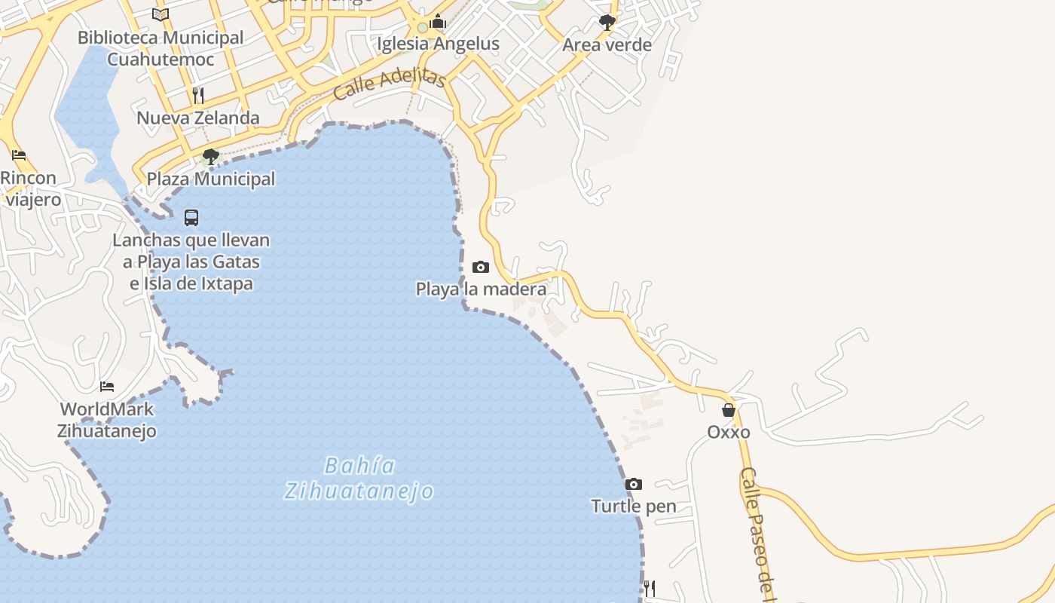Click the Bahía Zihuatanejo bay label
[x=359, y=479]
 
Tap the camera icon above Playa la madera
[x=480, y=267]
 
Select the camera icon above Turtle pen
[x=634, y=484]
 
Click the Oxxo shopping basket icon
[x=729, y=410]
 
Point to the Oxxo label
[x=729, y=432]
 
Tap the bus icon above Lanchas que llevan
[x=191, y=218]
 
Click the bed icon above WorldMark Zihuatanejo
[x=107, y=387]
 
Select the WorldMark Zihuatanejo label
[x=107, y=420]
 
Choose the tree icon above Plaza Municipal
[x=211, y=157]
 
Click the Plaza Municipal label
[x=211, y=179]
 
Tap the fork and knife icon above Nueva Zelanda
[x=198, y=95]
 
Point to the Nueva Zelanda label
[x=198, y=118]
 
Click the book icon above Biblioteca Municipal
[x=161, y=14]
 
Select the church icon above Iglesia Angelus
[x=438, y=22]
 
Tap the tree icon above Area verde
[x=607, y=23]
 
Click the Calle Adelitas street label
[x=390, y=84]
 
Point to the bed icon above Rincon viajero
[x=19, y=155]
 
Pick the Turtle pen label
[x=634, y=506]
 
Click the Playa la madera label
[x=481, y=289]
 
